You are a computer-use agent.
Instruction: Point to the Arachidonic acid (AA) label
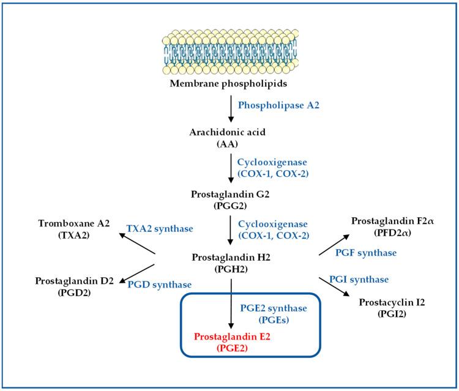pyautogui.click(x=230, y=138)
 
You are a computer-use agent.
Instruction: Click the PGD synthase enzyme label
pyautogui.click(x=159, y=285)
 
